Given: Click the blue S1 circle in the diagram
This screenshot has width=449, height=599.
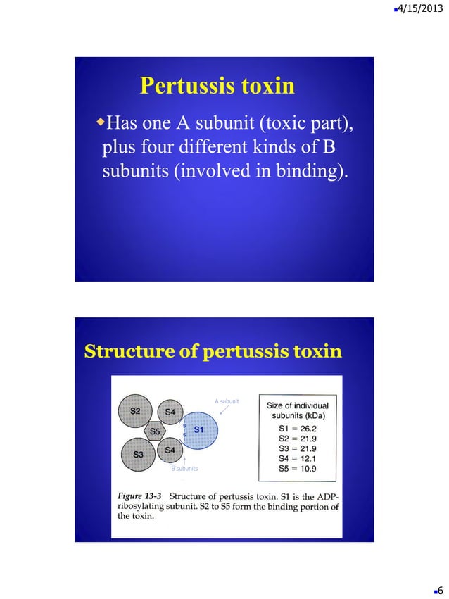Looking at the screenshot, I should [x=199, y=429].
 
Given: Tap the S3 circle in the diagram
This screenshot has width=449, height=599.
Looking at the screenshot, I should [x=139, y=455].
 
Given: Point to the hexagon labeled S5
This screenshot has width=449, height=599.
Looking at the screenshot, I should [x=154, y=431].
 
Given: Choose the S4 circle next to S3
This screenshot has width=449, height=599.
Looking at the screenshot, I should [x=170, y=450].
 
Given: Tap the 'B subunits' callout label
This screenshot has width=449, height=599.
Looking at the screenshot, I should [x=184, y=468].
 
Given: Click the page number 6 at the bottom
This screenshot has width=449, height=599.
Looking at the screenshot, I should [x=439, y=589].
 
